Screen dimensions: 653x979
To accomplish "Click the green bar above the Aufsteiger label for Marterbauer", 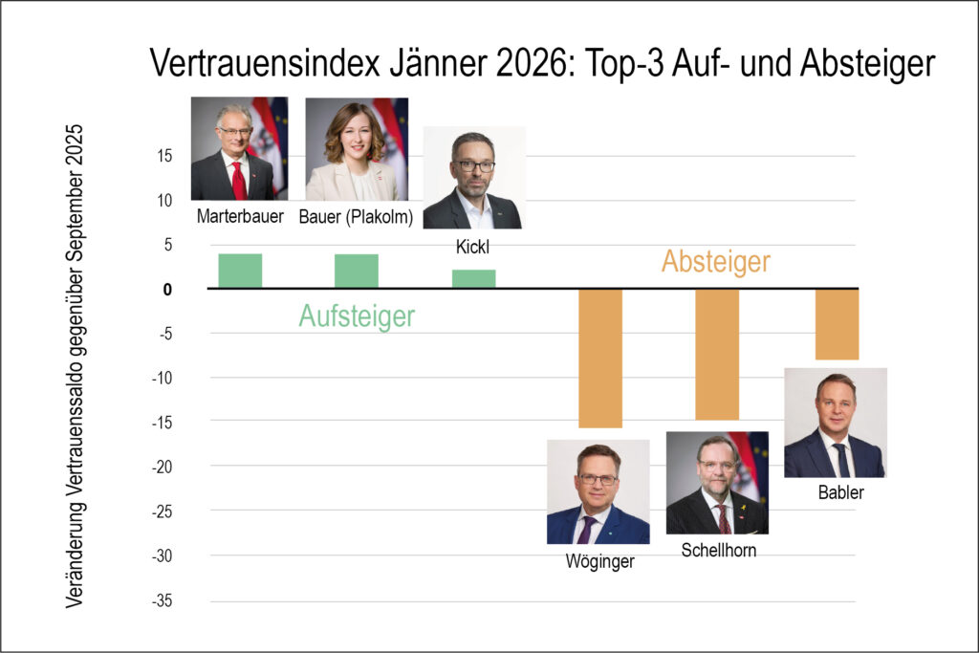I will (x=240, y=271).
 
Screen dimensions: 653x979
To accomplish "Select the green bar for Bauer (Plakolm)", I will (x=357, y=271).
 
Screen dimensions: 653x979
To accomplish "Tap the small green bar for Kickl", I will (x=474, y=278).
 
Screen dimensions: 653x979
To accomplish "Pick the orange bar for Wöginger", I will (x=600, y=358).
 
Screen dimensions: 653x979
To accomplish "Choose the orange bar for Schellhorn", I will (x=717, y=354).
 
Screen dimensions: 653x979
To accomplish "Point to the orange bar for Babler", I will (x=837, y=324).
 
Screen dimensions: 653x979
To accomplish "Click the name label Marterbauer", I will (x=240, y=216).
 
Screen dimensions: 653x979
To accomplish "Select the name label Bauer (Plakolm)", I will (x=358, y=216).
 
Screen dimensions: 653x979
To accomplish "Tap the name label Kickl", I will (x=473, y=248).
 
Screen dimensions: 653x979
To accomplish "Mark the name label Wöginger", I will (x=599, y=561).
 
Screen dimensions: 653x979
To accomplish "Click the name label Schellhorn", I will (x=718, y=550).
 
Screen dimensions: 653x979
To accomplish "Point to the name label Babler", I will (x=840, y=493).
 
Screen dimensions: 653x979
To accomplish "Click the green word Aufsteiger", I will (x=357, y=316).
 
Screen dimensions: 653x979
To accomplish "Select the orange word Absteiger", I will (x=715, y=261).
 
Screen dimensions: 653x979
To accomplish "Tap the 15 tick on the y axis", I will (x=165, y=156).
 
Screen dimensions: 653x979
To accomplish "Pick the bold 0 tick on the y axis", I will (x=168, y=289).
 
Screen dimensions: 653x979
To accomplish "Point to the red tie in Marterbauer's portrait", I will (x=237, y=179).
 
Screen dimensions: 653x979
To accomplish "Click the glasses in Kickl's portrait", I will (x=475, y=165).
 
